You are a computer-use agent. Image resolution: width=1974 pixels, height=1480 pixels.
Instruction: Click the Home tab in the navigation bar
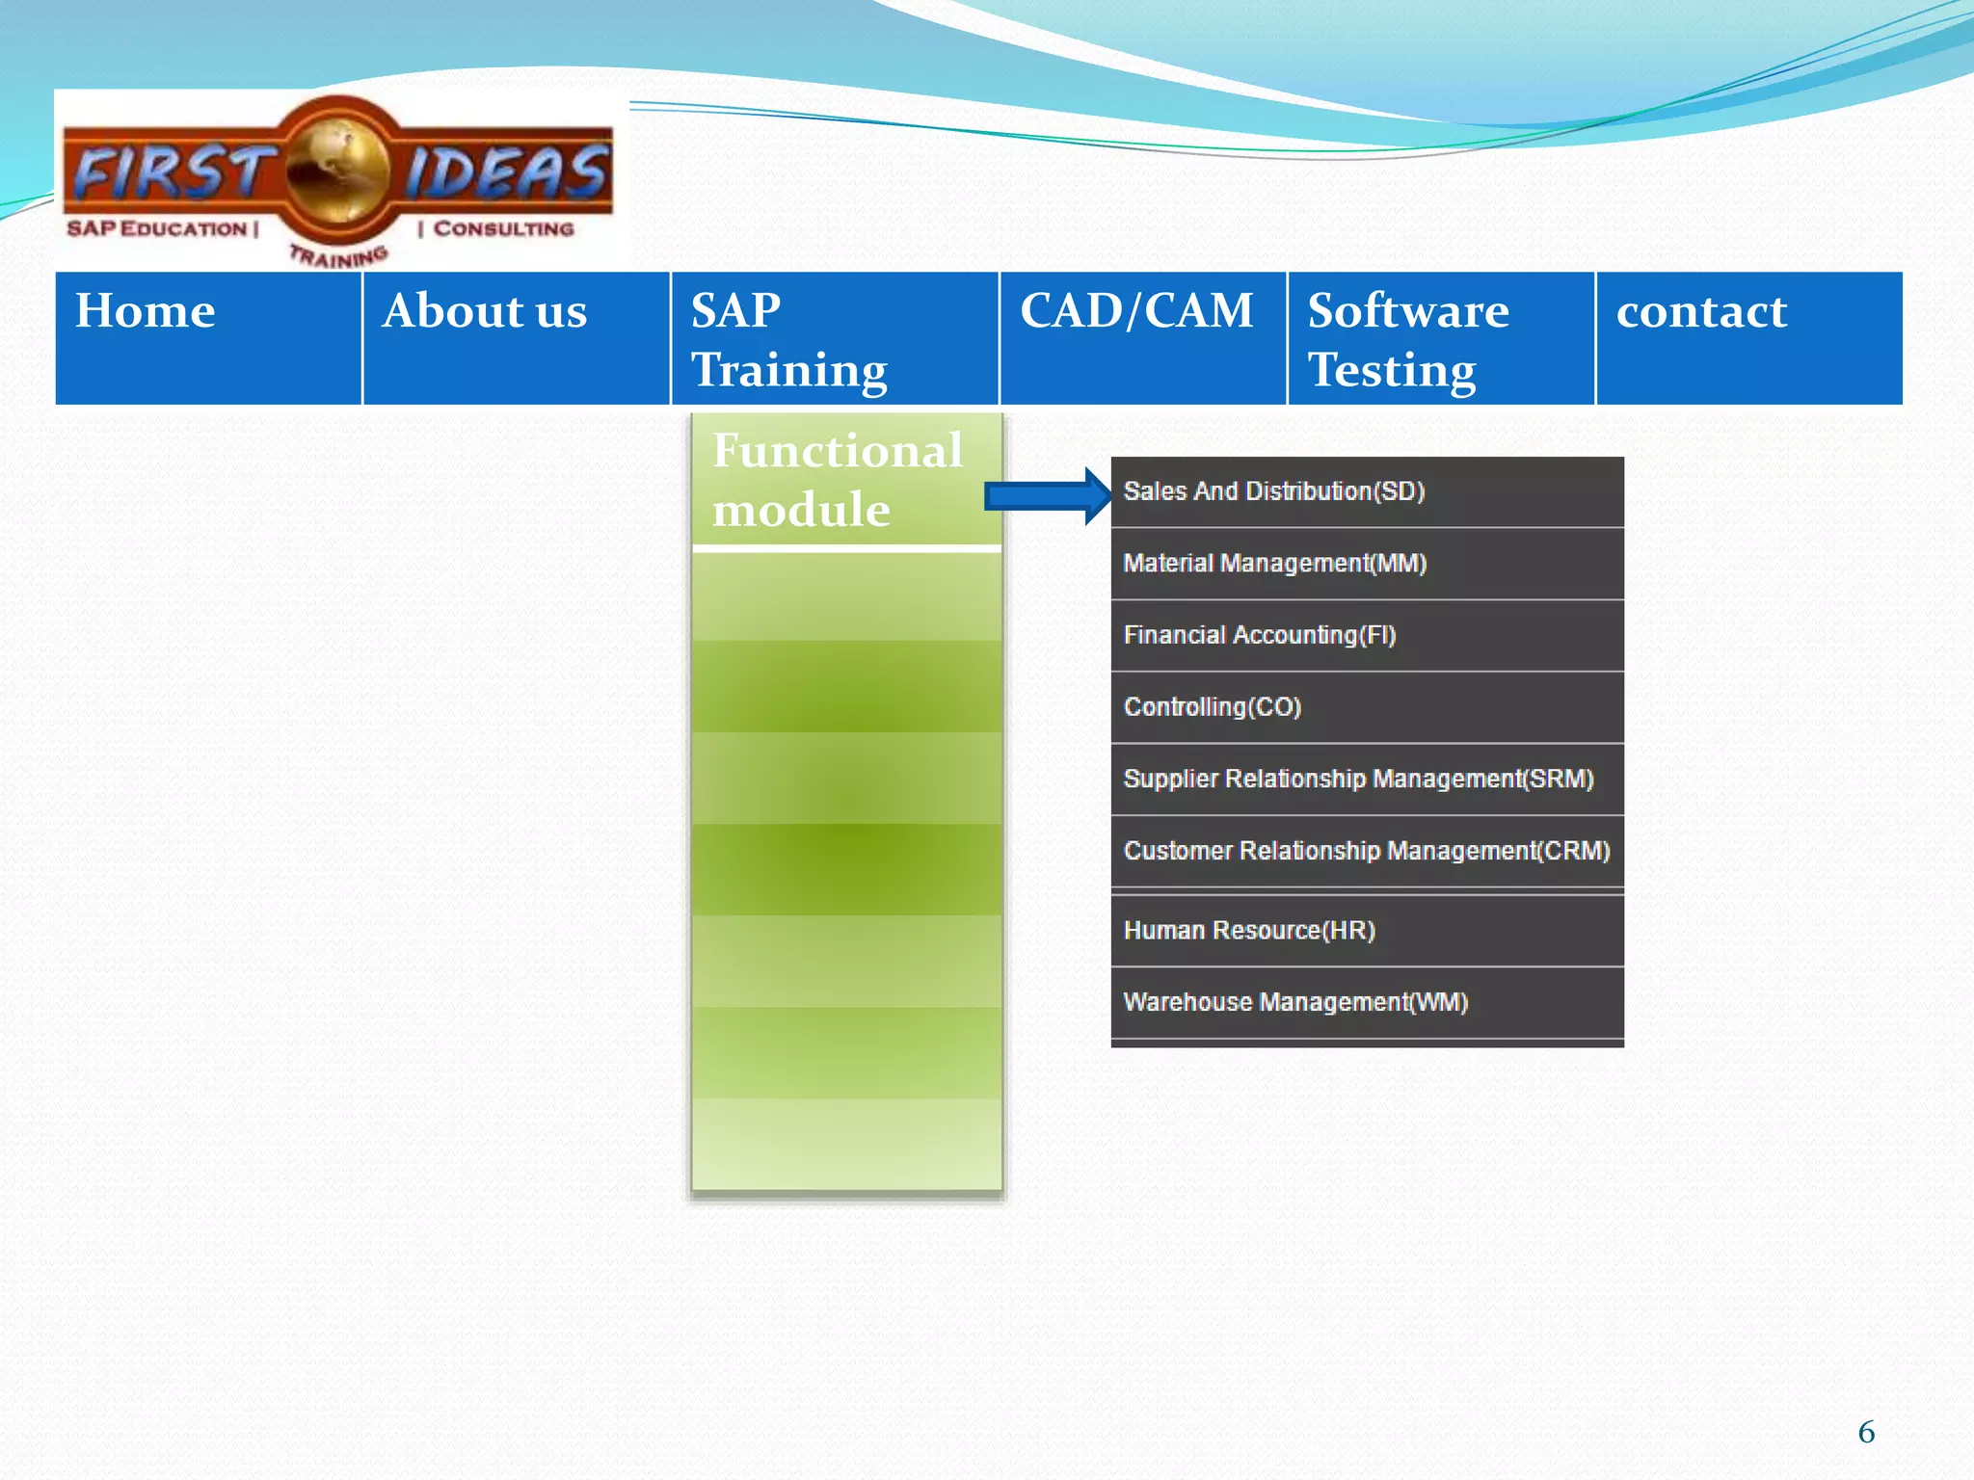208,337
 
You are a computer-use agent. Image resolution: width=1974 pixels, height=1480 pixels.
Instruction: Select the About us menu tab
516,337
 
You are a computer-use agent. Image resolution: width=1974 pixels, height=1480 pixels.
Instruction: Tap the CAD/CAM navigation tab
1143,337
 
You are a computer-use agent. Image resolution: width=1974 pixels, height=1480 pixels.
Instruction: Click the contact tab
1748,337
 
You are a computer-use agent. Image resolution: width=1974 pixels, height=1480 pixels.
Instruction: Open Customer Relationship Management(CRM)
1367,851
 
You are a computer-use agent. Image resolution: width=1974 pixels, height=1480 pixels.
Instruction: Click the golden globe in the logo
337,172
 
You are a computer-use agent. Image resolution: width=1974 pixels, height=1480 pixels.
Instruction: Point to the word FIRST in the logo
172,173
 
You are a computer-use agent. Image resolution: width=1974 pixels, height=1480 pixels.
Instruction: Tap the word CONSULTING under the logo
503,229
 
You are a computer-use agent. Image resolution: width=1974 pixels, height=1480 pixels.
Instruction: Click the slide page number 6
1866,1432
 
